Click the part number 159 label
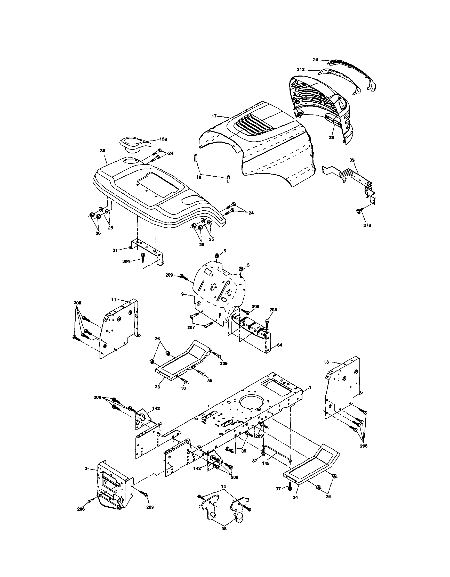click(163, 139)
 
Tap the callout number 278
click(367, 225)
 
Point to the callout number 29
click(315, 60)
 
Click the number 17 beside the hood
click(214, 116)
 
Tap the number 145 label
click(266, 463)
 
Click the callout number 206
click(81, 509)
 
